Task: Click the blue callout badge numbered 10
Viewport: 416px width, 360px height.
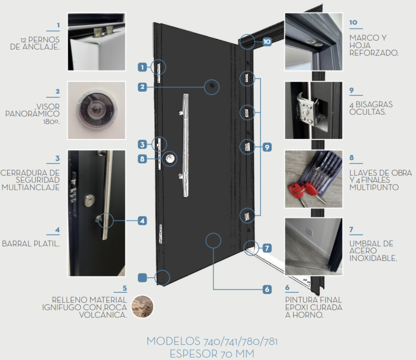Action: point(267,42)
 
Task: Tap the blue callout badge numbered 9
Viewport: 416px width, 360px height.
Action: point(267,147)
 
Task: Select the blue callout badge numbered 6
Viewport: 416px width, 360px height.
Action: point(267,289)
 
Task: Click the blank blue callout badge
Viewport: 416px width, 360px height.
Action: point(143,278)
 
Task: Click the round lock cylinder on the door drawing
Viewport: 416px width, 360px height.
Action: point(170,158)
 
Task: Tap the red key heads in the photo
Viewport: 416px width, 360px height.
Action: point(301,189)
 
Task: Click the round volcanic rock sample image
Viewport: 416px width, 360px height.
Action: point(143,307)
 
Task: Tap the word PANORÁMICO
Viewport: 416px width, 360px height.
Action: point(32,114)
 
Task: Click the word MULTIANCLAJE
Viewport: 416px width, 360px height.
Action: point(31,187)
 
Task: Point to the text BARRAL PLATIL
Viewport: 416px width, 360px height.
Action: point(31,244)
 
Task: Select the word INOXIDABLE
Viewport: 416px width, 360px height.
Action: point(373,258)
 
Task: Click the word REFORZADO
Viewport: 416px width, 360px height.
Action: point(374,53)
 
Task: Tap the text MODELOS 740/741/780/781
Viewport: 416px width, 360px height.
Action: point(212,341)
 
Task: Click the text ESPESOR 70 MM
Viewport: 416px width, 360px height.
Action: point(212,353)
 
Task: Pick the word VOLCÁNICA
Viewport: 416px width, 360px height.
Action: point(103,315)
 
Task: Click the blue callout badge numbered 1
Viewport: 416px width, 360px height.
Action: point(143,67)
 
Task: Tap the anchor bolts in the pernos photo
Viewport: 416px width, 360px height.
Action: point(103,32)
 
